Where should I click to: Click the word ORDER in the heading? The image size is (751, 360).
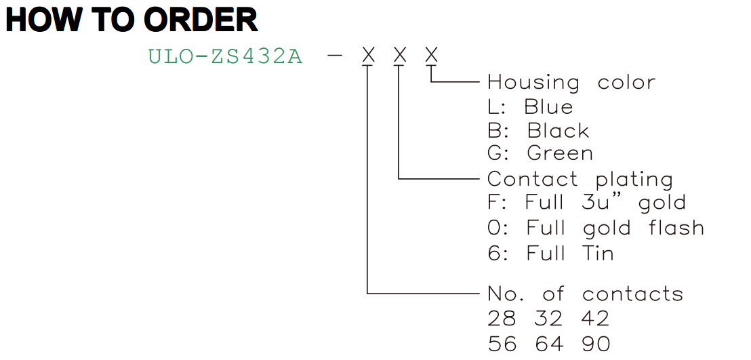point(201,20)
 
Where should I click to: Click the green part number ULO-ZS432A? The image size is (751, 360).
point(226,57)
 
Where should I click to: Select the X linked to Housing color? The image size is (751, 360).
point(432,56)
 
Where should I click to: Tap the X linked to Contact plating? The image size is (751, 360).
point(400,56)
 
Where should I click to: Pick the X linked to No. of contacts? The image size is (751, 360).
point(368,56)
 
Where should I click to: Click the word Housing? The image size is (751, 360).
point(533,83)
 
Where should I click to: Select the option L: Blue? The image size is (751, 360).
point(530,107)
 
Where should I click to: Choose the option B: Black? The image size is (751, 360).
point(538,130)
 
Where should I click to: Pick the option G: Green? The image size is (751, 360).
point(540,154)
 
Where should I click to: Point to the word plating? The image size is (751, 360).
point(634,180)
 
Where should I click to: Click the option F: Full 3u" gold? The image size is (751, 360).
point(587,203)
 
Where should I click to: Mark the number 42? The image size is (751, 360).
point(596,319)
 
